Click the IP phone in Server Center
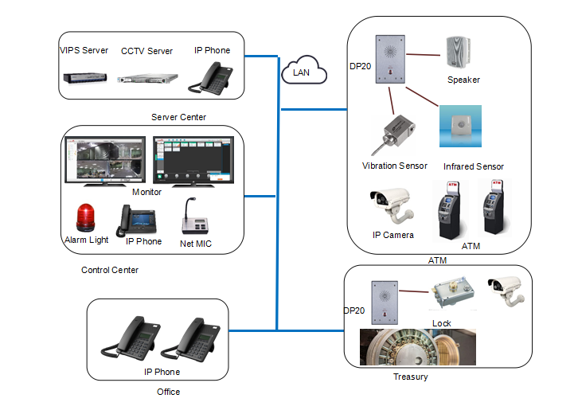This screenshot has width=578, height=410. tap(209, 76)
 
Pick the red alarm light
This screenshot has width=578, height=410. tap(84, 218)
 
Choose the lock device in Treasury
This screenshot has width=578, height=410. tap(451, 299)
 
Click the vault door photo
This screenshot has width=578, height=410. tap(417, 347)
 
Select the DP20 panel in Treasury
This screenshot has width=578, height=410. tap(384, 303)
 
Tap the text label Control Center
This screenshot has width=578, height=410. tap(110, 270)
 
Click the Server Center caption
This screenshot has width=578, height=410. tap(178, 117)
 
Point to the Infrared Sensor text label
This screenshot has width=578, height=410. tap(474, 166)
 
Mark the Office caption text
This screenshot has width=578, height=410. tap(168, 392)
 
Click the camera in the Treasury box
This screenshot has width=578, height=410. tap(505, 291)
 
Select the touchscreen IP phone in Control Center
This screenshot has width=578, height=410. tap(135, 218)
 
